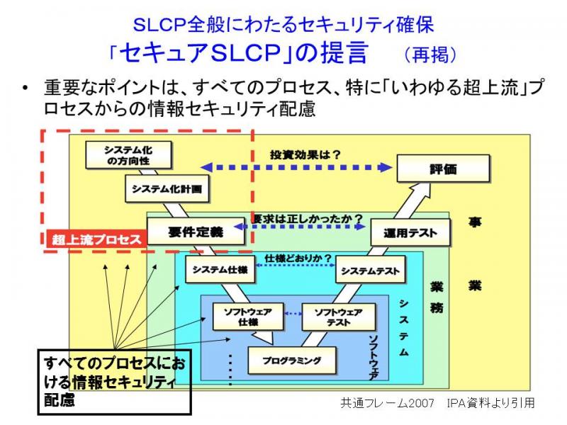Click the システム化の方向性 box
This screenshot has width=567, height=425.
pos(128,155)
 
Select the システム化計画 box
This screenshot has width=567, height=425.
pos(167,188)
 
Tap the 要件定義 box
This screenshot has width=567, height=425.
pos(196,232)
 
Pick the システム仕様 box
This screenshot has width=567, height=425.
pos(220,269)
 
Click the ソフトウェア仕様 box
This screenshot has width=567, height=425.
pos(248,317)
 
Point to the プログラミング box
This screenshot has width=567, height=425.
pos(292,361)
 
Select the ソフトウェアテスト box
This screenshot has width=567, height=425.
pos(339,317)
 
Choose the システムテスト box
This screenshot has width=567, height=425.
pos(370,270)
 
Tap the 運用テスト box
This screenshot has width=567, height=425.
pos(410,232)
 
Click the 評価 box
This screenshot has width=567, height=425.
pos(444,169)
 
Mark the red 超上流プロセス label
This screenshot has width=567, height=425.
pos(96,239)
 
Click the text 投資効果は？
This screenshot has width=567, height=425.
pos(305,154)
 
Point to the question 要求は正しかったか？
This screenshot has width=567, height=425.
pos(307,219)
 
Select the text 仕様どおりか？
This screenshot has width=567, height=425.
pos(298,259)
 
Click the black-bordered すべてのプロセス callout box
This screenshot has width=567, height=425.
pos(114,382)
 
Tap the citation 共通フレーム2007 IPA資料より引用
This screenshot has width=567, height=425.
pos(437,402)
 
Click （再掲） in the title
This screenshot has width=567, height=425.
pos(430,55)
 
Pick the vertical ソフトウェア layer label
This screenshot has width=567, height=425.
pos(374,357)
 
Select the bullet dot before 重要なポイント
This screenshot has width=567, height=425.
pos(25,88)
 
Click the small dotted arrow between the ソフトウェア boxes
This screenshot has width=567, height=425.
pos(293,314)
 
